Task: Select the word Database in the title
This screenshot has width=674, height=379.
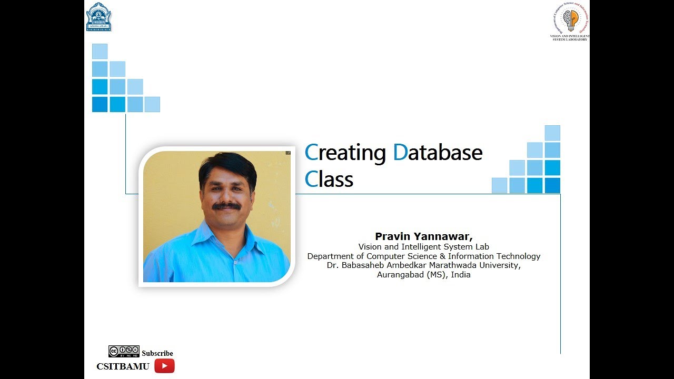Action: click(438, 153)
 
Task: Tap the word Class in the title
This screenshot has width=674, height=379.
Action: click(329, 179)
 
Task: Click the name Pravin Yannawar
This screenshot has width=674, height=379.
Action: click(423, 236)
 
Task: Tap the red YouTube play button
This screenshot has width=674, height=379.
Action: click(164, 366)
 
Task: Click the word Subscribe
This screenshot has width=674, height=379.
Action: click(157, 353)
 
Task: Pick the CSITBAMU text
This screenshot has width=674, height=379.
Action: click(123, 366)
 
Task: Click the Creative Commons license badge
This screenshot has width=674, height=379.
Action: click(124, 351)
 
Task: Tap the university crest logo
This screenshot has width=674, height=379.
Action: click(98, 16)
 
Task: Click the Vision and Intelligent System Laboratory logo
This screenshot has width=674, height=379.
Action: click(570, 22)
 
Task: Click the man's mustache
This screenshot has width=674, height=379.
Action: click(227, 206)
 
